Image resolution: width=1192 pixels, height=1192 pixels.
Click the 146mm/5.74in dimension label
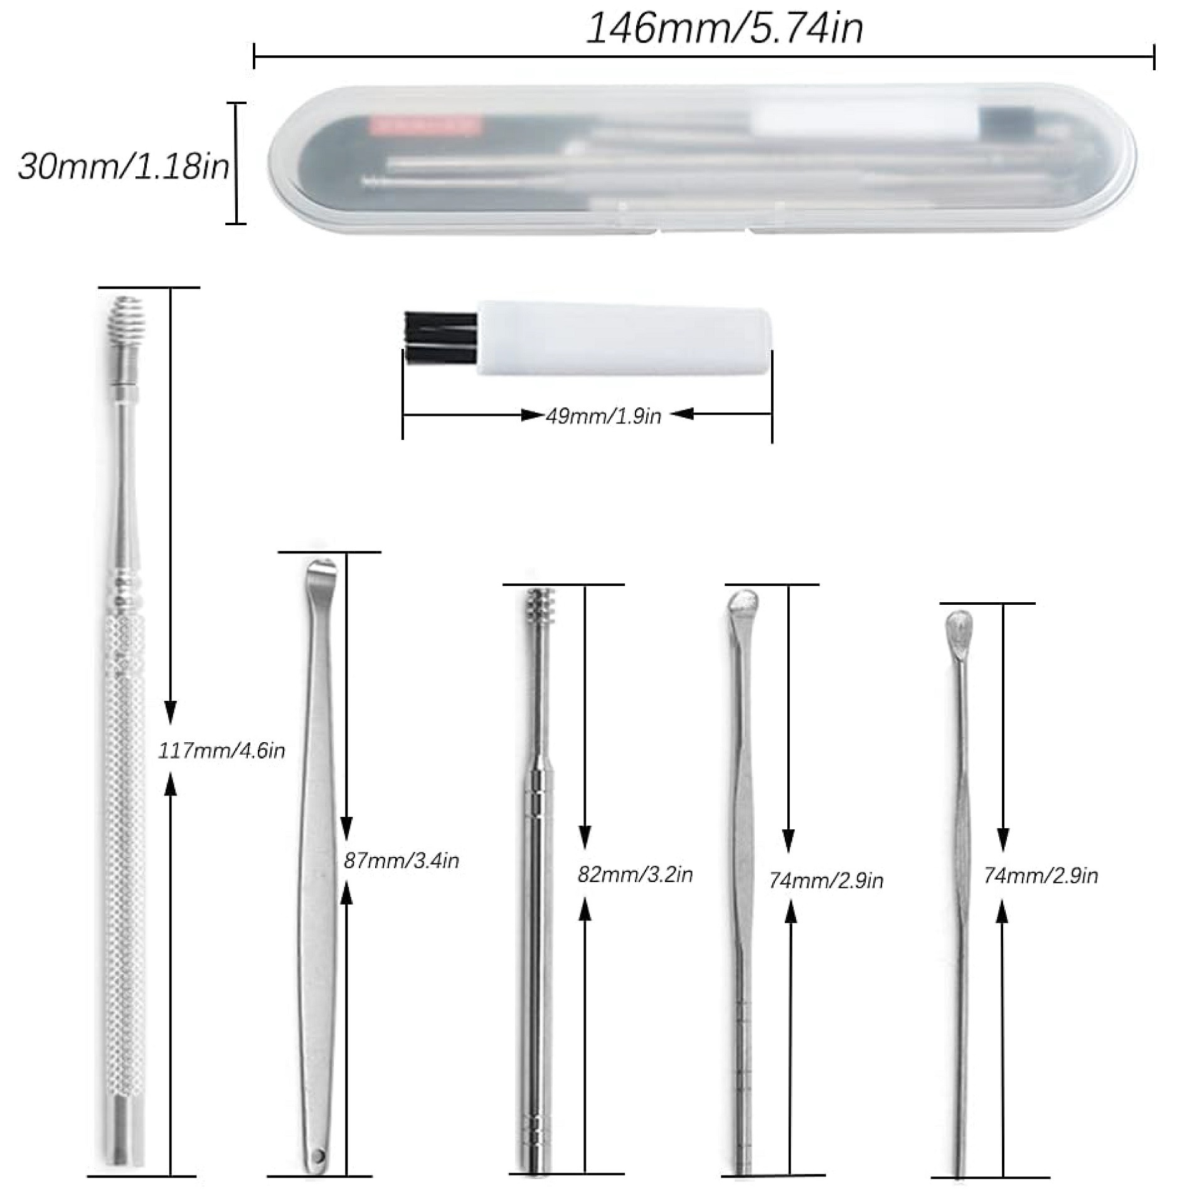724,29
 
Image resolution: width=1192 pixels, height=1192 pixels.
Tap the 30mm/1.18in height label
123,168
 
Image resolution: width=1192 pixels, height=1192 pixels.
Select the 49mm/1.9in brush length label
603,416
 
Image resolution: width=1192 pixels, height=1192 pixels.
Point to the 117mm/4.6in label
221,751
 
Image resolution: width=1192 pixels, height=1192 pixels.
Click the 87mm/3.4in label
402,861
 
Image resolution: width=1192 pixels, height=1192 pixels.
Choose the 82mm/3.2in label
635,875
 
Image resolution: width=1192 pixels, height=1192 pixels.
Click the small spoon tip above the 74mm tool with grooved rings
743,605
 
